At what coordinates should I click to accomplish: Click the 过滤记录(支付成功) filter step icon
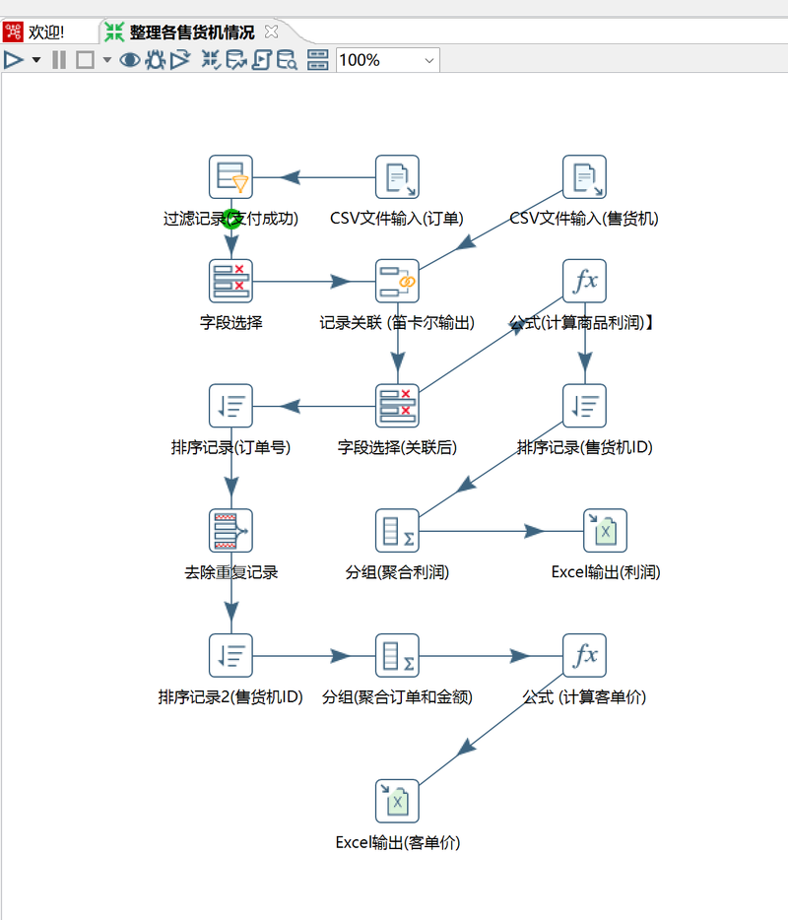pyautogui.click(x=231, y=177)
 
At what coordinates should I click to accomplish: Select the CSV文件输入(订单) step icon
pyautogui.click(x=397, y=177)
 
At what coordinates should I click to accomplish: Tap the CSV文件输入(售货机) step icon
pyautogui.click(x=584, y=177)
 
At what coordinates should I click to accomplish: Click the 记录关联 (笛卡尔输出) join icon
pyautogui.click(x=397, y=282)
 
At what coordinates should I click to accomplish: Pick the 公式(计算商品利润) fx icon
pyautogui.click(x=584, y=282)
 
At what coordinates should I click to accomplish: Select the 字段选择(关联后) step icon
pyautogui.click(x=397, y=406)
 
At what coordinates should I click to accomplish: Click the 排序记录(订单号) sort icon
pyautogui.click(x=231, y=406)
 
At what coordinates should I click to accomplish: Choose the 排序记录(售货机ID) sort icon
pyautogui.click(x=584, y=406)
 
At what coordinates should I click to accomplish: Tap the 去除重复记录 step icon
pyautogui.click(x=231, y=531)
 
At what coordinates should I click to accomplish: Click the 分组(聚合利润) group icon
pyautogui.click(x=397, y=531)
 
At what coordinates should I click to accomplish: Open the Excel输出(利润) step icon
pyautogui.click(x=605, y=531)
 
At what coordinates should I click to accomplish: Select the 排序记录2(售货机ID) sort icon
pyautogui.click(x=231, y=656)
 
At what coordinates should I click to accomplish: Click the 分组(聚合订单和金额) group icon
pyautogui.click(x=397, y=656)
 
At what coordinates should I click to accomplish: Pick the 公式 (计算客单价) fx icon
pyautogui.click(x=584, y=656)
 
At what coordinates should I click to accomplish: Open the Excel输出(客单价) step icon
pyautogui.click(x=397, y=801)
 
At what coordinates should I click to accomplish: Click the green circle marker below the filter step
pyautogui.click(x=231, y=219)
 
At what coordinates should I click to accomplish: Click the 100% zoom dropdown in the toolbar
pyautogui.click(x=388, y=60)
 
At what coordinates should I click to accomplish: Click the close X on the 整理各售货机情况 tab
pyautogui.click(x=272, y=33)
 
